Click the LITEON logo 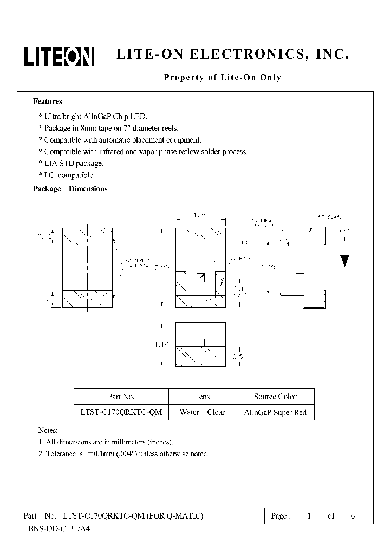59,56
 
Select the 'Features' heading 48,101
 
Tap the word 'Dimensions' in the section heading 88,189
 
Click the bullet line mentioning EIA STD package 71,163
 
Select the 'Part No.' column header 121,397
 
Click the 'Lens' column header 202,397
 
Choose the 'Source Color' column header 275,397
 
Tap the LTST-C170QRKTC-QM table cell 121,412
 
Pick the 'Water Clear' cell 202,412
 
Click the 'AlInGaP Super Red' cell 275,412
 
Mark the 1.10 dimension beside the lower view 162,344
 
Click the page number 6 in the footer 353,516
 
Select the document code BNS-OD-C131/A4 57,528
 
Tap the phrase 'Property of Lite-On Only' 223,78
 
